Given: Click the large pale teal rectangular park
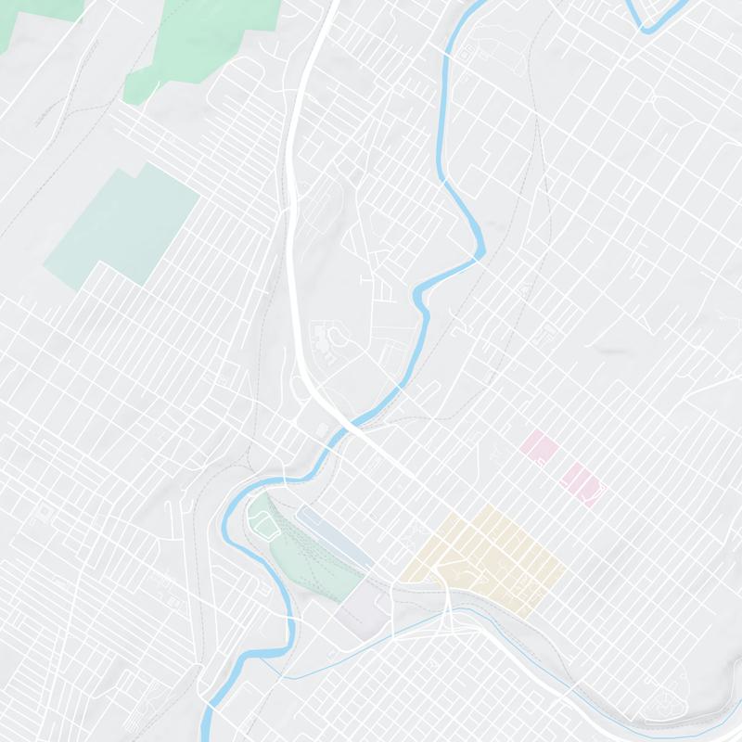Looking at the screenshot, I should pyautogui.click(x=125, y=227).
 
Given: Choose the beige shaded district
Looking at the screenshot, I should pyautogui.click(x=487, y=556).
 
